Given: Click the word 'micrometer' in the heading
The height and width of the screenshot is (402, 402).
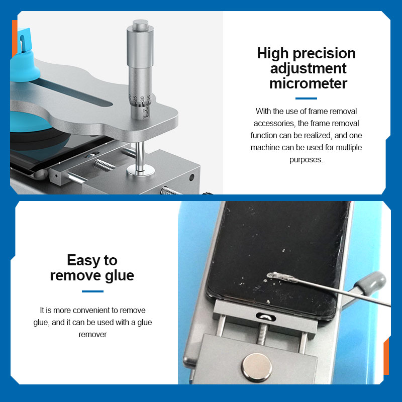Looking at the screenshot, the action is [x=308, y=83].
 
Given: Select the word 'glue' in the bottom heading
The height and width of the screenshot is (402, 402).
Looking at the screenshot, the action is [x=120, y=276].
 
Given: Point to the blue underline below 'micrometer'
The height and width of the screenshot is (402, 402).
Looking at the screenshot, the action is [x=306, y=98].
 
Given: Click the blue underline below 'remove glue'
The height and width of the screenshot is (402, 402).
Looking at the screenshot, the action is [x=92, y=291].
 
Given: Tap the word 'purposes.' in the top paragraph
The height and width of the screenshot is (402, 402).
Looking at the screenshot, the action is [x=306, y=160].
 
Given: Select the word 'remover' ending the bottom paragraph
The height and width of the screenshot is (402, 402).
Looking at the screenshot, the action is [x=92, y=335].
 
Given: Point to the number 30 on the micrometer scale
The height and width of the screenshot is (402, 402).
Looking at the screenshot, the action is [x=142, y=99].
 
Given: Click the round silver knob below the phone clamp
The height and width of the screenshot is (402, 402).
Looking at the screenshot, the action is [x=257, y=367].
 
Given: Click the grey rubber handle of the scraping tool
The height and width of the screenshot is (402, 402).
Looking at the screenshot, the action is [x=370, y=283].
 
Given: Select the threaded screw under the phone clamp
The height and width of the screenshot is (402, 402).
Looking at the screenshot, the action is [x=262, y=334].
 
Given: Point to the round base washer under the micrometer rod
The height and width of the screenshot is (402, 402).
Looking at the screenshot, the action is [x=141, y=170].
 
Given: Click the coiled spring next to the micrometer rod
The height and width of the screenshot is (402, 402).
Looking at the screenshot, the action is [x=104, y=165].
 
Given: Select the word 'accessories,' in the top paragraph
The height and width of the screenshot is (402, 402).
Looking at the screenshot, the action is [x=274, y=124].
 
